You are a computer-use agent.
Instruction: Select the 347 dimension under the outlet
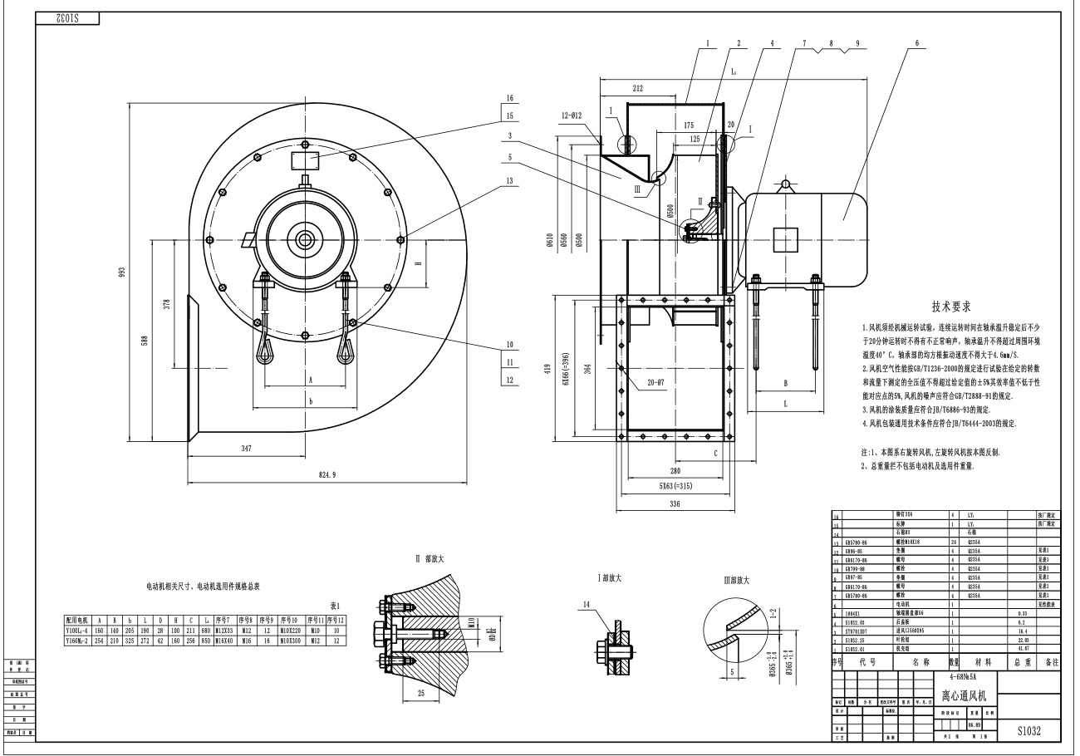[x=246, y=448]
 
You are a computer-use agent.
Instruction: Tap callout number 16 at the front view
[x=509, y=97]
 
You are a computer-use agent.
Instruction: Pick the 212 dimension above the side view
[x=637, y=87]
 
